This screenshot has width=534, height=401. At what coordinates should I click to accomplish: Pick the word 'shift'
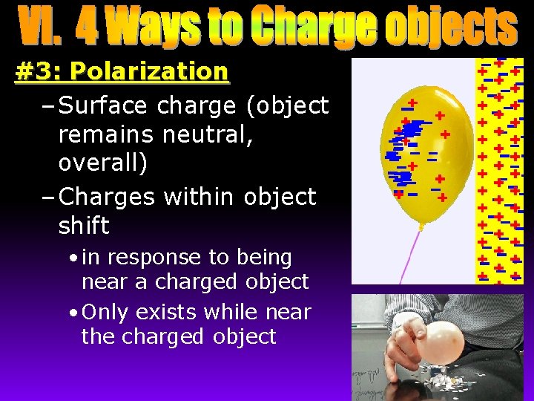(x=84, y=225)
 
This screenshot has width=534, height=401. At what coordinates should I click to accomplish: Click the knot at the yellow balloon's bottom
(x=422, y=224)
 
